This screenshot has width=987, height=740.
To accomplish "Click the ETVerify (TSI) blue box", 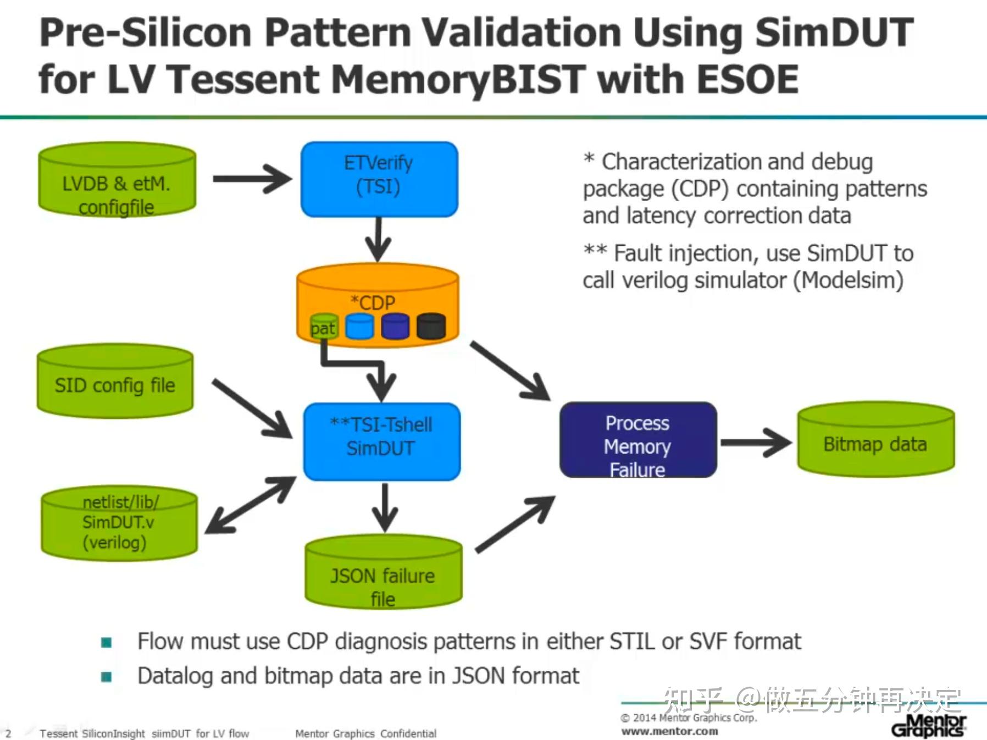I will [379, 179].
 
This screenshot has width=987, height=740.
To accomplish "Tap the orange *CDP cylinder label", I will [374, 302].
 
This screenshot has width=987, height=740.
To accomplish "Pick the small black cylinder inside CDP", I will [431, 327].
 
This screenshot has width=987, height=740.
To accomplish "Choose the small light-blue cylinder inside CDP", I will [359, 327].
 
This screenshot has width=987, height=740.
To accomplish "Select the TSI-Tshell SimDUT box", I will [381, 441].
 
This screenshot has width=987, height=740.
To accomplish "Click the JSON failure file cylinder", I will [383, 575].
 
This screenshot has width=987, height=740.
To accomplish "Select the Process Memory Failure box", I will [637, 440].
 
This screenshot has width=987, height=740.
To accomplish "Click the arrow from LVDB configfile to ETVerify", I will [252, 179].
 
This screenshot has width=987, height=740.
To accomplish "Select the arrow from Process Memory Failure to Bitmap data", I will [755, 443].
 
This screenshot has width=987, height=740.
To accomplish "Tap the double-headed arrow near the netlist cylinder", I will [251, 505].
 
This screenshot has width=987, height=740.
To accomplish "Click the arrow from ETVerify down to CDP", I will [379, 240].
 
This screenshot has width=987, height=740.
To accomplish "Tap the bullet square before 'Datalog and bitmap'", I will [107, 676].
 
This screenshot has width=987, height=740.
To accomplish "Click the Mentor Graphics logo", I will [928, 726].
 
